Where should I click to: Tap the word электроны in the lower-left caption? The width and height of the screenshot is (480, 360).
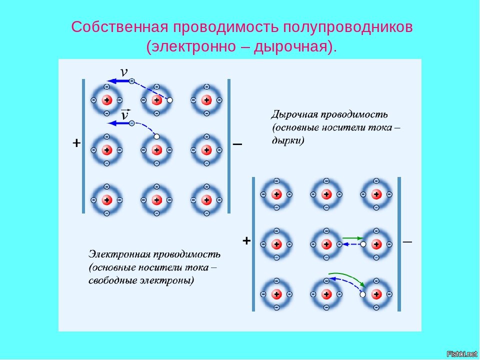(x=169, y=280)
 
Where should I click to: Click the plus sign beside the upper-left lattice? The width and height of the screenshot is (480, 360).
(x=76, y=143)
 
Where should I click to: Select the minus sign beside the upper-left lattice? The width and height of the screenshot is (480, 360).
(x=237, y=144)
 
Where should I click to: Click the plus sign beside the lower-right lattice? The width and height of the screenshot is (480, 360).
(x=246, y=241)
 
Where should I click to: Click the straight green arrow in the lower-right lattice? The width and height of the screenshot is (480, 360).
(x=353, y=237)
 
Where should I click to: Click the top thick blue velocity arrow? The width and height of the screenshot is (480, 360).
(x=118, y=80)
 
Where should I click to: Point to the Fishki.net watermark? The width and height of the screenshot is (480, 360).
(x=461, y=354)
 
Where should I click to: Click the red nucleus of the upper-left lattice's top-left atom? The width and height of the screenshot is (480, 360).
(x=106, y=100)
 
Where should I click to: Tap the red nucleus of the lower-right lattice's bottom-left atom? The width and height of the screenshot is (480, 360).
(x=276, y=294)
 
